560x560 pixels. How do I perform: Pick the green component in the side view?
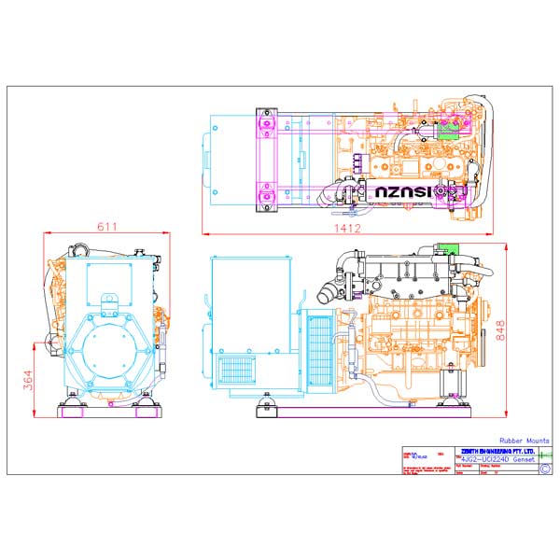click(x=448, y=248)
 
